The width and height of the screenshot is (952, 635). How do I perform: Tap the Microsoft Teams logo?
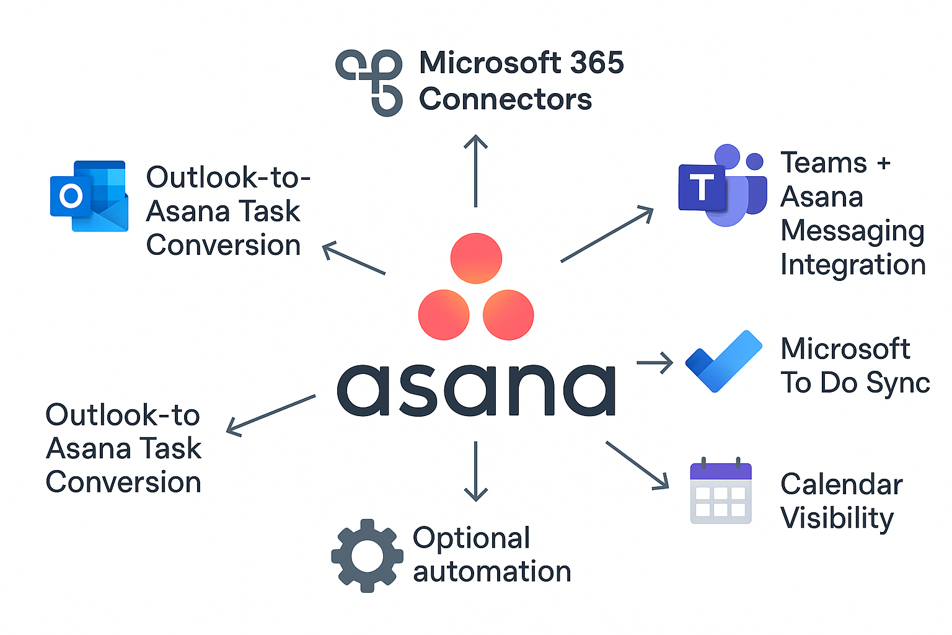point(722,186)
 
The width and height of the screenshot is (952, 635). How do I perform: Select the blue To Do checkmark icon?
point(723,361)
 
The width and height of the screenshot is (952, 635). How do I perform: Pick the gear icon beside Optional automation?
point(367,556)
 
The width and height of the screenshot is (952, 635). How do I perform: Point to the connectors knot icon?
point(369,81)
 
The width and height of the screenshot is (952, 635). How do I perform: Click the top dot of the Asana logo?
point(476,258)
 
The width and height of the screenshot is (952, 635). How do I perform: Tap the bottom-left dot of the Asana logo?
point(444,314)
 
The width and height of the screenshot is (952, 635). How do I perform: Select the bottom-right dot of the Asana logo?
point(508,314)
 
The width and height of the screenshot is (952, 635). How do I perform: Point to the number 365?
point(596,63)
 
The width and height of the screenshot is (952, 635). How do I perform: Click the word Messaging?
point(852,231)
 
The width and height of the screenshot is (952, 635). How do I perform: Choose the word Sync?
point(897,383)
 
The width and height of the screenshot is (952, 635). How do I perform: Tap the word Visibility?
point(837,518)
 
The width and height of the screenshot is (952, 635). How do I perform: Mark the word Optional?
point(471,538)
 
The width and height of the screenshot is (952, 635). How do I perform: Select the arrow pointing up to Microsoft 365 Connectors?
point(475,171)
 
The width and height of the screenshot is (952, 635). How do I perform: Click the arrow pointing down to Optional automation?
point(475,471)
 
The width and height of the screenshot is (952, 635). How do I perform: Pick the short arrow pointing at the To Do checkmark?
point(655,363)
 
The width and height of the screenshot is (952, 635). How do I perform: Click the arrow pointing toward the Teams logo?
point(607,234)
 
